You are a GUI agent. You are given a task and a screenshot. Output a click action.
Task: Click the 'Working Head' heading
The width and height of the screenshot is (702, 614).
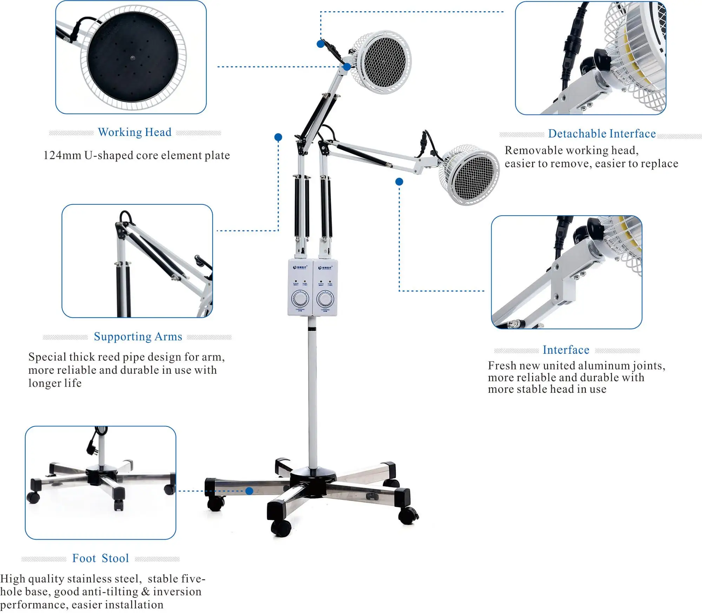[x=135, y=132]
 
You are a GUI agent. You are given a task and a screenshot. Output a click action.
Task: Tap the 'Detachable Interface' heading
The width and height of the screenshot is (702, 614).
[x=602, y=134]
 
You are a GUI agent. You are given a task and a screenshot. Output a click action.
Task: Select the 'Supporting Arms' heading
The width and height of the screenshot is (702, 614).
[x=138, y=337]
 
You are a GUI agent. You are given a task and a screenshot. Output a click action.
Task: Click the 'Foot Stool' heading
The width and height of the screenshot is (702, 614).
[x=101, y=559]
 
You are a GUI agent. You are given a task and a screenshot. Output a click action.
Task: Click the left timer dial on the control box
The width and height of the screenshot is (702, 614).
[x=300, y=299]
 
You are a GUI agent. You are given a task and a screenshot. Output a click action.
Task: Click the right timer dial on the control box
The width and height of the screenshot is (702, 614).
[x=325, y=299]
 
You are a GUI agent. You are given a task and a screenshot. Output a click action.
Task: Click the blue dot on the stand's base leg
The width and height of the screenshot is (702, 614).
[x=249, y=491]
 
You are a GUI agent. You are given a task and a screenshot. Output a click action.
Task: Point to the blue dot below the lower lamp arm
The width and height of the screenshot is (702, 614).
[x=399, y=182]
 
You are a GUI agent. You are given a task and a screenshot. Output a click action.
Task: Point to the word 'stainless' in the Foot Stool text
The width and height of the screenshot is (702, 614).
[x=89, y=579]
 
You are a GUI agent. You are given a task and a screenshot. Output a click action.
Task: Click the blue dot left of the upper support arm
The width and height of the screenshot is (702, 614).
[x=278, y=137]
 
